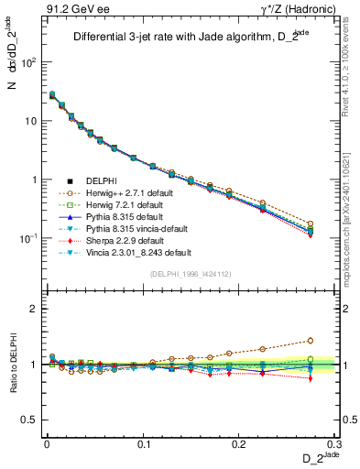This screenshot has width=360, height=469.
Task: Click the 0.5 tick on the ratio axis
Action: click(x=32, y=420)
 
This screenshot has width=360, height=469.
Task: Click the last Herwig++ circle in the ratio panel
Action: click(x=310, y=340)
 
